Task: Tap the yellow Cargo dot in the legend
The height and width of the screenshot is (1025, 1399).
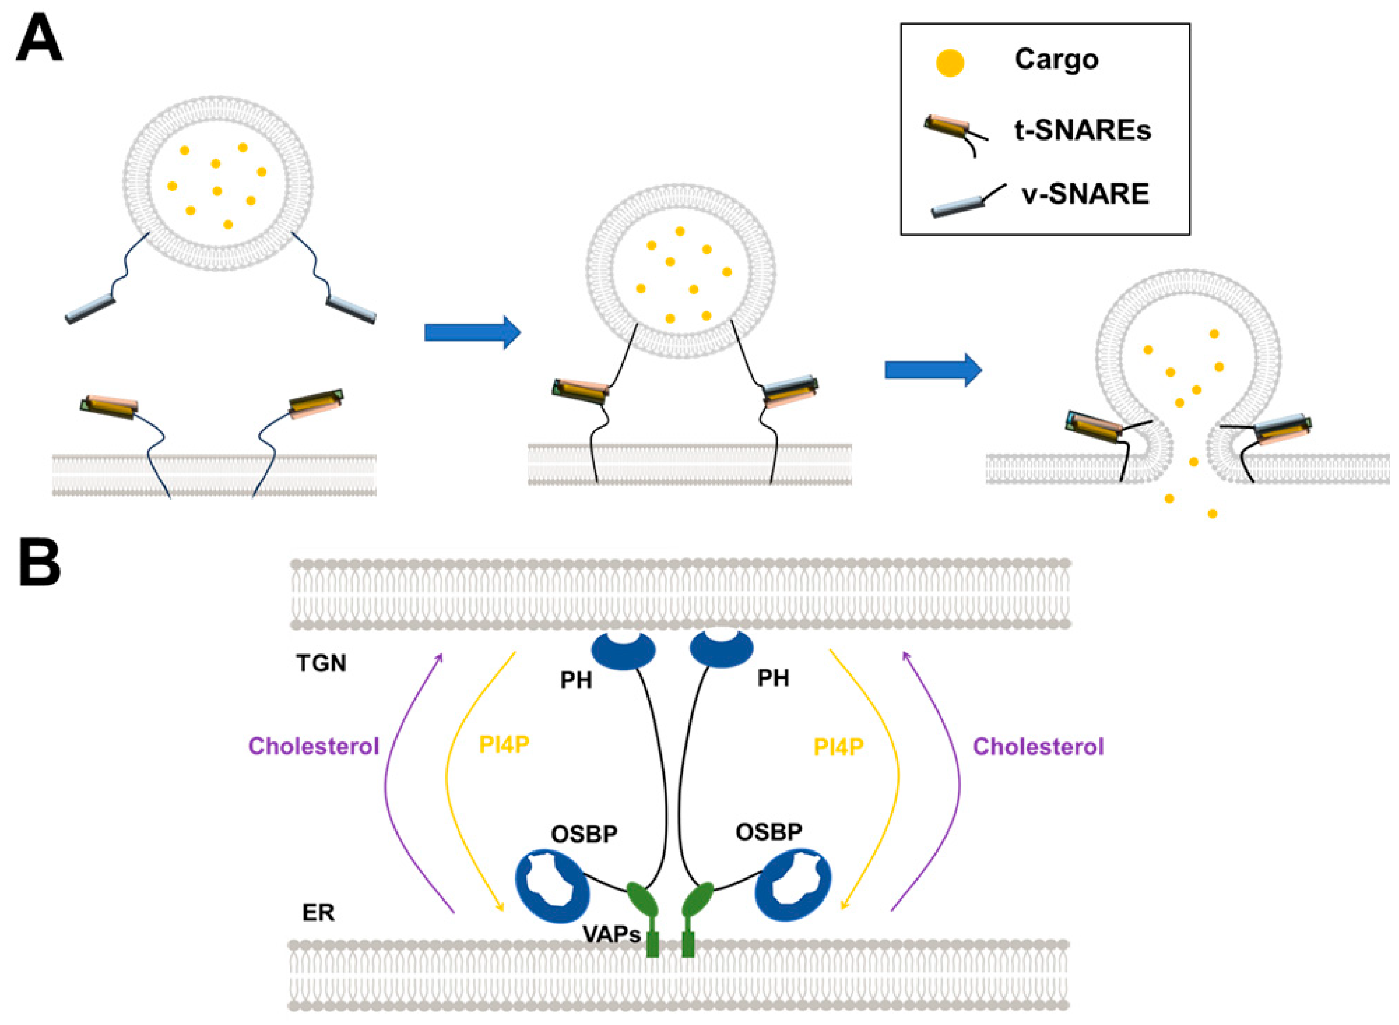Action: point(949,63)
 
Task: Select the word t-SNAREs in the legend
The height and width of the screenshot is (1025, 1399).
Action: point(1083,130)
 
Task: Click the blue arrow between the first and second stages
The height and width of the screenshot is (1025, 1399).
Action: point(472,333)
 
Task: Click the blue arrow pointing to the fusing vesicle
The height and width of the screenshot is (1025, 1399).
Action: point(934,370)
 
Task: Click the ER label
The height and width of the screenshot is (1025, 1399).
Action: point(318,913)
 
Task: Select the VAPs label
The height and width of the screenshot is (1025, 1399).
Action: point(611,934)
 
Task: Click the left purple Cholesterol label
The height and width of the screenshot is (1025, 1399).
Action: point(313,746)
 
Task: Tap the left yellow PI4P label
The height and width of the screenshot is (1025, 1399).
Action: point(504,744)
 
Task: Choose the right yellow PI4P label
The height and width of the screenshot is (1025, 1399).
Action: point(838,747)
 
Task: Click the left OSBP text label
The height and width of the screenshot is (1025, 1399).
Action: point(584,834)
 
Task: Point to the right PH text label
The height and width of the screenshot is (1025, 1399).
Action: point(773,678)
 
